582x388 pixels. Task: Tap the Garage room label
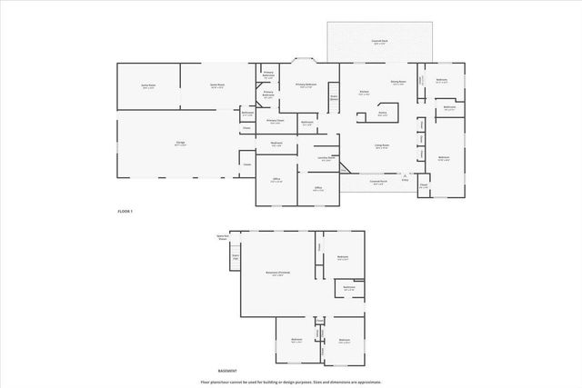tap(167, 144)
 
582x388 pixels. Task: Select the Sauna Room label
tap(147, 86)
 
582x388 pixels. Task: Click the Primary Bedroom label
tap(305, 86)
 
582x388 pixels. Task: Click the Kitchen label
tap(364, 93)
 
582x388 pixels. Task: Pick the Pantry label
tap(383, 114)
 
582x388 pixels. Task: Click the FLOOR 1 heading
tap(125, 211)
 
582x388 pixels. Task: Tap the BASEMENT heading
tap(228, 371)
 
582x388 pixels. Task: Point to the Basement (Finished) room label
tap(278, 274)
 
